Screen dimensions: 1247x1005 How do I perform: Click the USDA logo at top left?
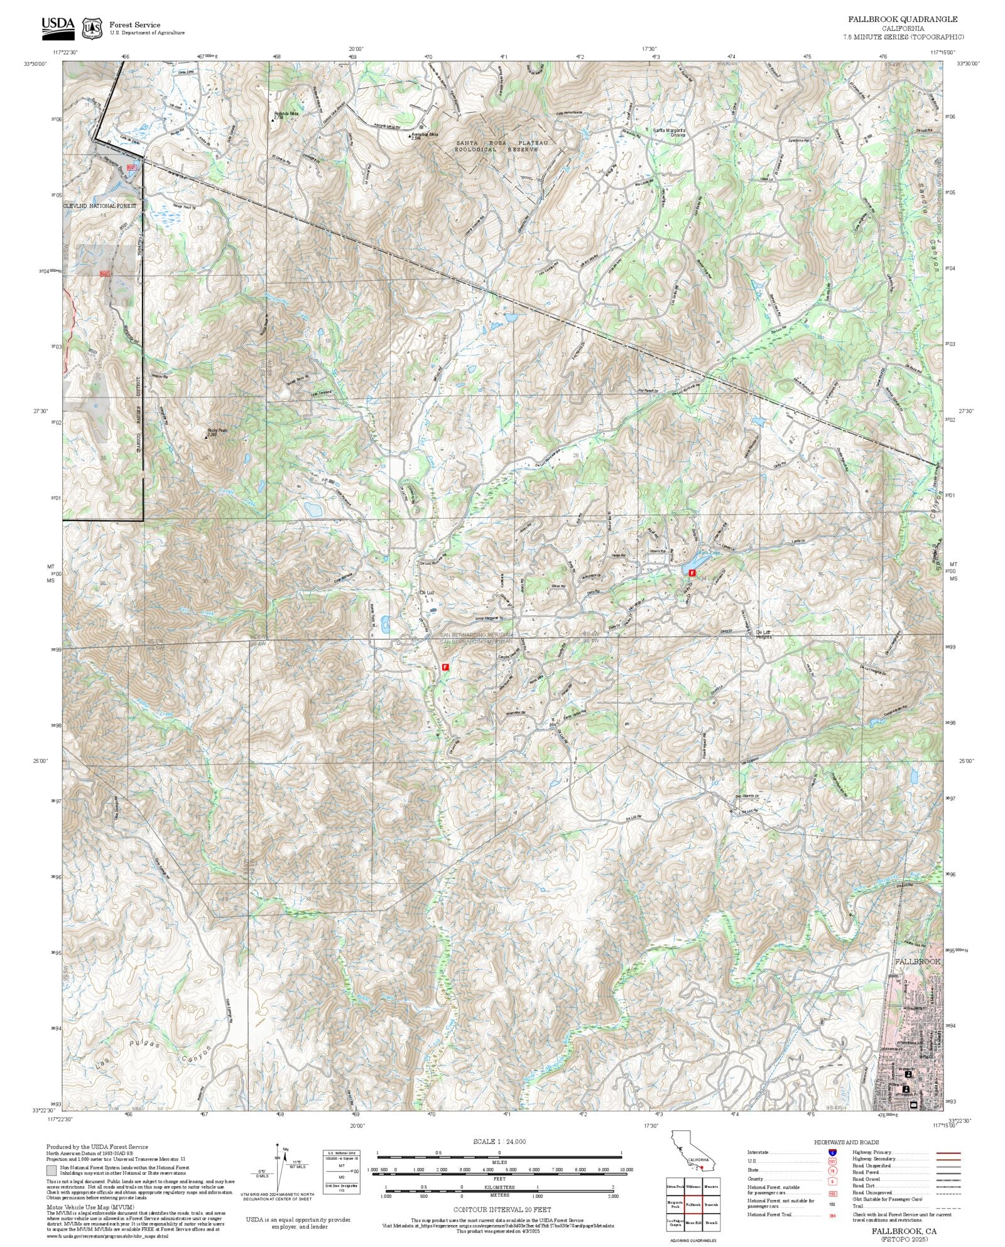tap(57, 27)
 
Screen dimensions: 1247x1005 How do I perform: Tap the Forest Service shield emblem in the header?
tap(92, 28)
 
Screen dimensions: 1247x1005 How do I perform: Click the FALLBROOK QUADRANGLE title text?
tap(903, 19)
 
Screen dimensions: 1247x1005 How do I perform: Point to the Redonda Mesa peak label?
tap(286, 114)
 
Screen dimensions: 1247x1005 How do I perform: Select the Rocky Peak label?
tap(216, 431)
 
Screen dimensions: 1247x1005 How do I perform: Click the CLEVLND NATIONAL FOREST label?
tap(99, 206)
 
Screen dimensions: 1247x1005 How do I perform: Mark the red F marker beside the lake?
tap(692, 573)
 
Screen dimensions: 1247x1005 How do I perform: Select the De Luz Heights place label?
tap(763, 634)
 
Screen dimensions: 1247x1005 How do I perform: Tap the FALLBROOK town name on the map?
tap(917, 961)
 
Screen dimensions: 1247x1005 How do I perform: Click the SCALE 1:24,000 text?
tap(499, 1142)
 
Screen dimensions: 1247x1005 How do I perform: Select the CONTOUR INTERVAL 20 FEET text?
tap(502, 1209)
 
